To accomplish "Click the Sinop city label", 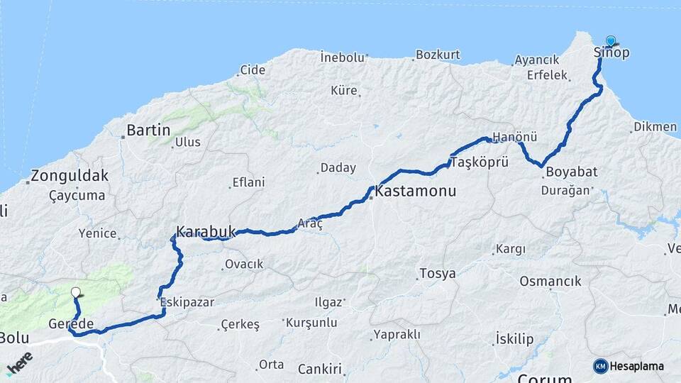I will click(x=611, y=52).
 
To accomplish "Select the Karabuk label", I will click(x=205, y=231).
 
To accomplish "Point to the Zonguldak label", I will click(x=70, y=176).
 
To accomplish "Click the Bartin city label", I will click(x=148, y=130).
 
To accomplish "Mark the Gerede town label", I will click(x=71, y=323).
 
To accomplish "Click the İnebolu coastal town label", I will click(x=342, y=57).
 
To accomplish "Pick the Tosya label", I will click(x=438, y=273).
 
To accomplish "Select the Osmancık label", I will click(x=550, y=282).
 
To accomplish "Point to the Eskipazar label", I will click(x=187, y=302).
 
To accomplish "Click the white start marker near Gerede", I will click(x=76, y=292).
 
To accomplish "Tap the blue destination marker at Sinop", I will click(x=611, y=41).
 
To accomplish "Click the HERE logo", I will click(x=21, y=362).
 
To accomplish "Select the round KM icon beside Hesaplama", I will click(x=601, y=366).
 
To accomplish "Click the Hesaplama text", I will click(x=637, y=366).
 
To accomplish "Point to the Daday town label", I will click(x=338, y=168).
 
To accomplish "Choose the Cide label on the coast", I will click(x=253, y=70).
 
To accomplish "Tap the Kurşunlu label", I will click(x=311, y=323).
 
